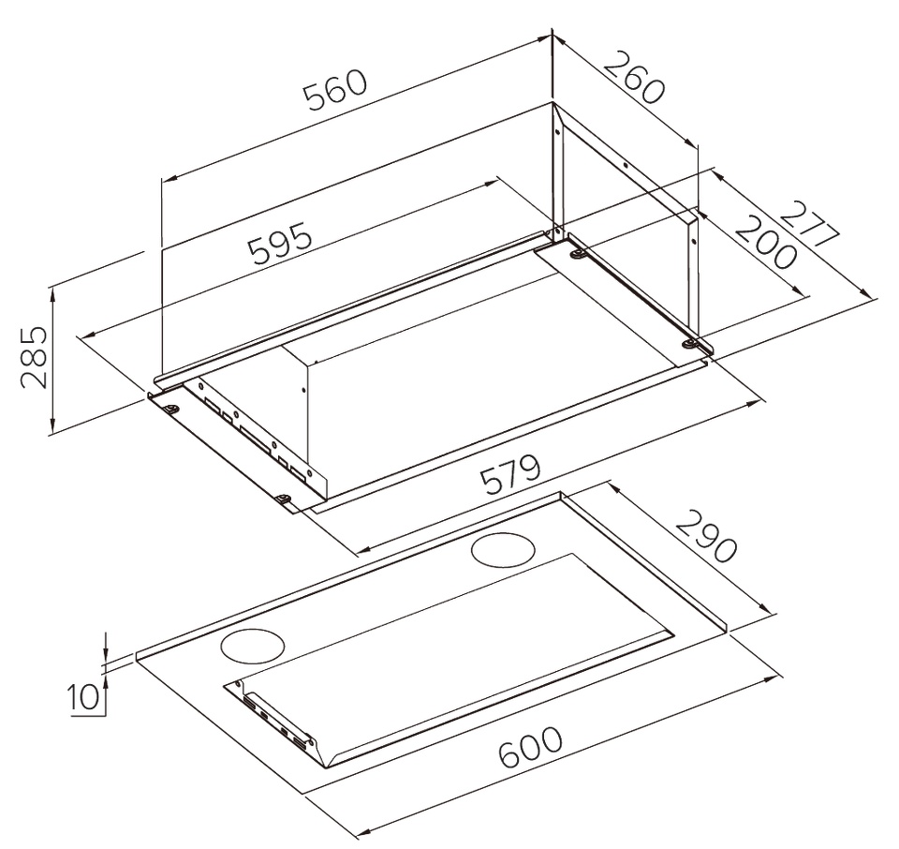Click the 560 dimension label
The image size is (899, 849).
pyautogui.click(x=335, y=91)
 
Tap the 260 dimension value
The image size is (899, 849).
pyautogui.click(x=634, y=78)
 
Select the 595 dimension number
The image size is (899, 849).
pyautogui.click(x=281, y=244)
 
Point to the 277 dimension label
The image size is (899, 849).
pyautogui.click(x=809, y=224)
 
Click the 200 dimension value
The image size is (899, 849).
pyautogui.click(x=766, y=241)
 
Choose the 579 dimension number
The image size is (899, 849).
pyautogui.click(x=510, y=475)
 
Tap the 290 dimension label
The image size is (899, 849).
pyautogui.click(x=705, y=536)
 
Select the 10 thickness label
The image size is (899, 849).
pyautogui.click(x=83, y=697)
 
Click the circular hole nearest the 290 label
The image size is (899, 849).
pyautogui.click(x=504, y=550)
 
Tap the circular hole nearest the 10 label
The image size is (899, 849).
pyautogui.click(x=253, y=648)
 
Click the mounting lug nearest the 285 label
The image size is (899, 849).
pyautogui.click(x=170, y=408)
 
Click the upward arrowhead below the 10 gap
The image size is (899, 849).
pyautogui.click(x=106, y=679)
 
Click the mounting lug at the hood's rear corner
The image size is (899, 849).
pyautogui.click(x=576, y=255)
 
